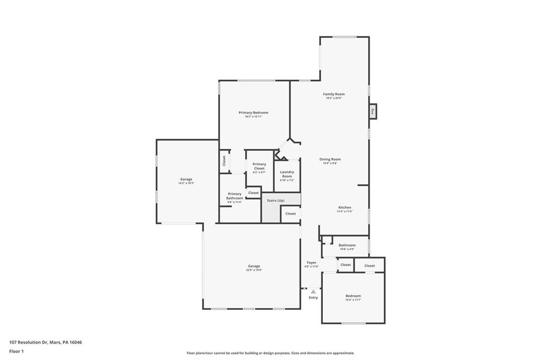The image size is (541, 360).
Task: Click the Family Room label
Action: pyautogui.click(x=333, y=96)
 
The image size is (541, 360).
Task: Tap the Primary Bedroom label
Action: pyautogui.click(x=253, y=114)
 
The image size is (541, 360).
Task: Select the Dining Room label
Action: pyautogui.click(x=330, y=160)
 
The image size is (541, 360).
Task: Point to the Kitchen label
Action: pyautogui.click(x=344, y=209)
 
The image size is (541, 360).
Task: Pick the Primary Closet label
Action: pyautogui.click(x=259, y=168)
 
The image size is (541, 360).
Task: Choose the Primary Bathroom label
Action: pyautogui.click(x=235, y=197)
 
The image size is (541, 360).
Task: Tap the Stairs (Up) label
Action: pyautogui.click(x=275, y=201)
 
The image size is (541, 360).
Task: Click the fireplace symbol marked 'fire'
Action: pyautogui.click(x=372, y=111)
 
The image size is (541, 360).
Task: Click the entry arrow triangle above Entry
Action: pyautogui.click(x=313, y=291)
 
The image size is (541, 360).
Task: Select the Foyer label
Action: pyautogui.click(x=312, y=264)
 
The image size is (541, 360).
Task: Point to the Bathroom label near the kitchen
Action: pyautogui.click(x=347, y=247)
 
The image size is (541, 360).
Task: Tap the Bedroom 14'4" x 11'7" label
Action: pyautogui.click(x=353, y=297)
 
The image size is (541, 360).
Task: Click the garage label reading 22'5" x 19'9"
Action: pyautogui.click(x=254, y=268)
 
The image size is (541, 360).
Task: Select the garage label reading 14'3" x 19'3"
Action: pyautogui.click(x=186, y=181)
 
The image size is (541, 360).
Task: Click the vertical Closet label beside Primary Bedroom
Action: pyautogui.click(x=224, y=161)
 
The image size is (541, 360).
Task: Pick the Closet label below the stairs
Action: pyautogui.click(x=291, y=214)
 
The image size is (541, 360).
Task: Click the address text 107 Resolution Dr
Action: pyautogui.click(x=45, y=342)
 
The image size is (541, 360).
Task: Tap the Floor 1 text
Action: pyautogui.click(x=16, y=351)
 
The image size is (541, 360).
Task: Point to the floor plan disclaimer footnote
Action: pyautogui.click(x=270, y=353)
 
